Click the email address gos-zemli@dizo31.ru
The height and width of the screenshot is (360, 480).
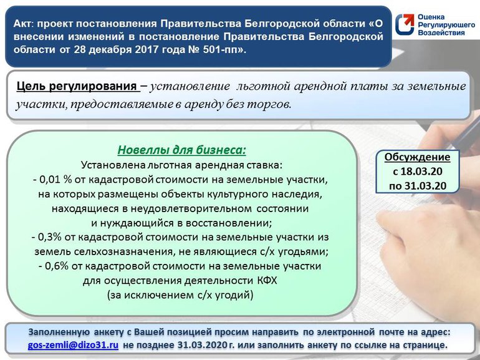(74, 344)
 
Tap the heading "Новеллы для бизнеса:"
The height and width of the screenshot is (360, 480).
(182, 150)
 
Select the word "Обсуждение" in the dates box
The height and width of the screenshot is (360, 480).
(417, 157)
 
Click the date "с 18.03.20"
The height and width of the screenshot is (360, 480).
(417, 171)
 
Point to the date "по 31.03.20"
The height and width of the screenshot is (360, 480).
(417, 185)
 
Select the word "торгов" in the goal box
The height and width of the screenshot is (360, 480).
(274, 104)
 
